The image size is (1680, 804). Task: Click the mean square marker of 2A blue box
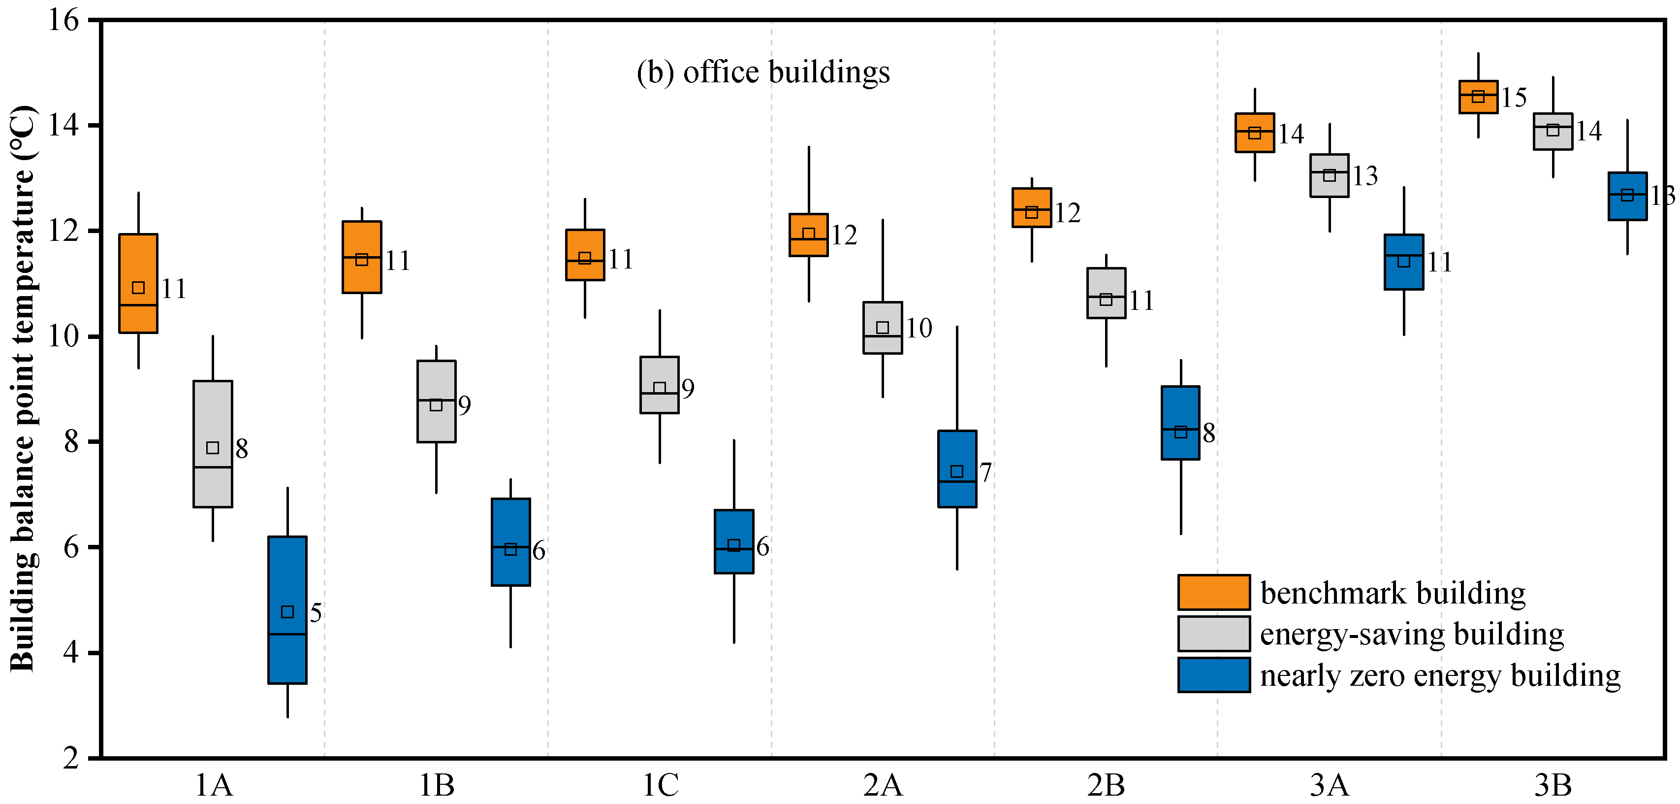[x=957, y=471]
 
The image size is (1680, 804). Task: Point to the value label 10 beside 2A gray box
[x=919, y=328]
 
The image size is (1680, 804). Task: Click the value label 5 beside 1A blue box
[x=316, y=613]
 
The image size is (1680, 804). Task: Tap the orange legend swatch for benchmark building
[x=1214, y=592]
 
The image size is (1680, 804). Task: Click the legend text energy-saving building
[x=1411, y=634]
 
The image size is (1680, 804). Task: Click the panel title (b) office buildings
[x=763, y=72]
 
